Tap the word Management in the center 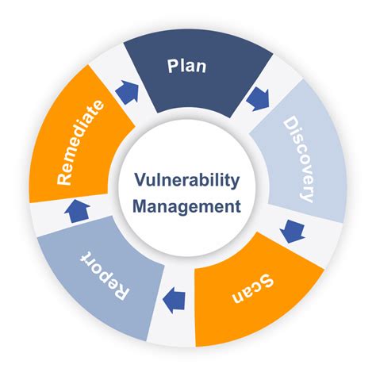click(x=186, y=208)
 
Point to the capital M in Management click(x=141, y=208)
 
